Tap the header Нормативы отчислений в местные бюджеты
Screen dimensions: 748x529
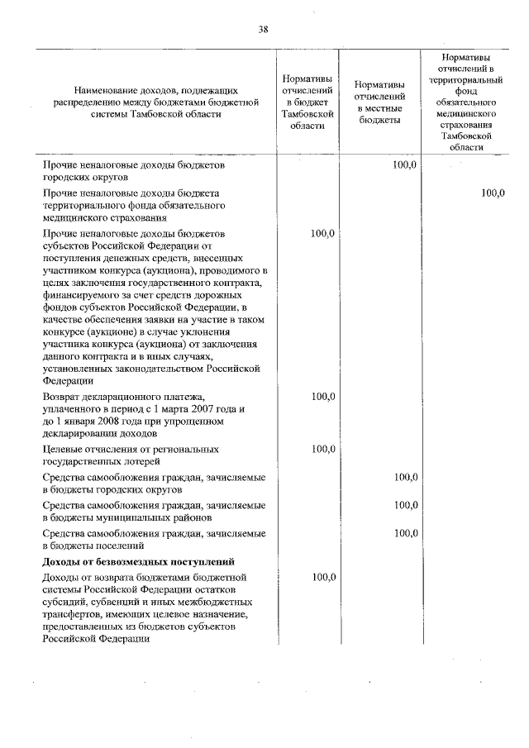(x=379, y=102)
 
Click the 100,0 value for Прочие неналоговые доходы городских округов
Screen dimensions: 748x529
(x=406, y=165)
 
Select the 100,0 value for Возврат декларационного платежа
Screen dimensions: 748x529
(x=322, y=397)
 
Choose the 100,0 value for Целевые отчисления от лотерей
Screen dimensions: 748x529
(x=322, y=450)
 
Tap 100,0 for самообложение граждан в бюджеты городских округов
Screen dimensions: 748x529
(x=406, y=478)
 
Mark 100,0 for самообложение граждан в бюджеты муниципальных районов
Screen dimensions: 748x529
(x=406, y=505)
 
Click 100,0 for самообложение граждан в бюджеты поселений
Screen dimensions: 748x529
(x=406, y=533)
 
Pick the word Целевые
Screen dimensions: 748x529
(x=64, y=449)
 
